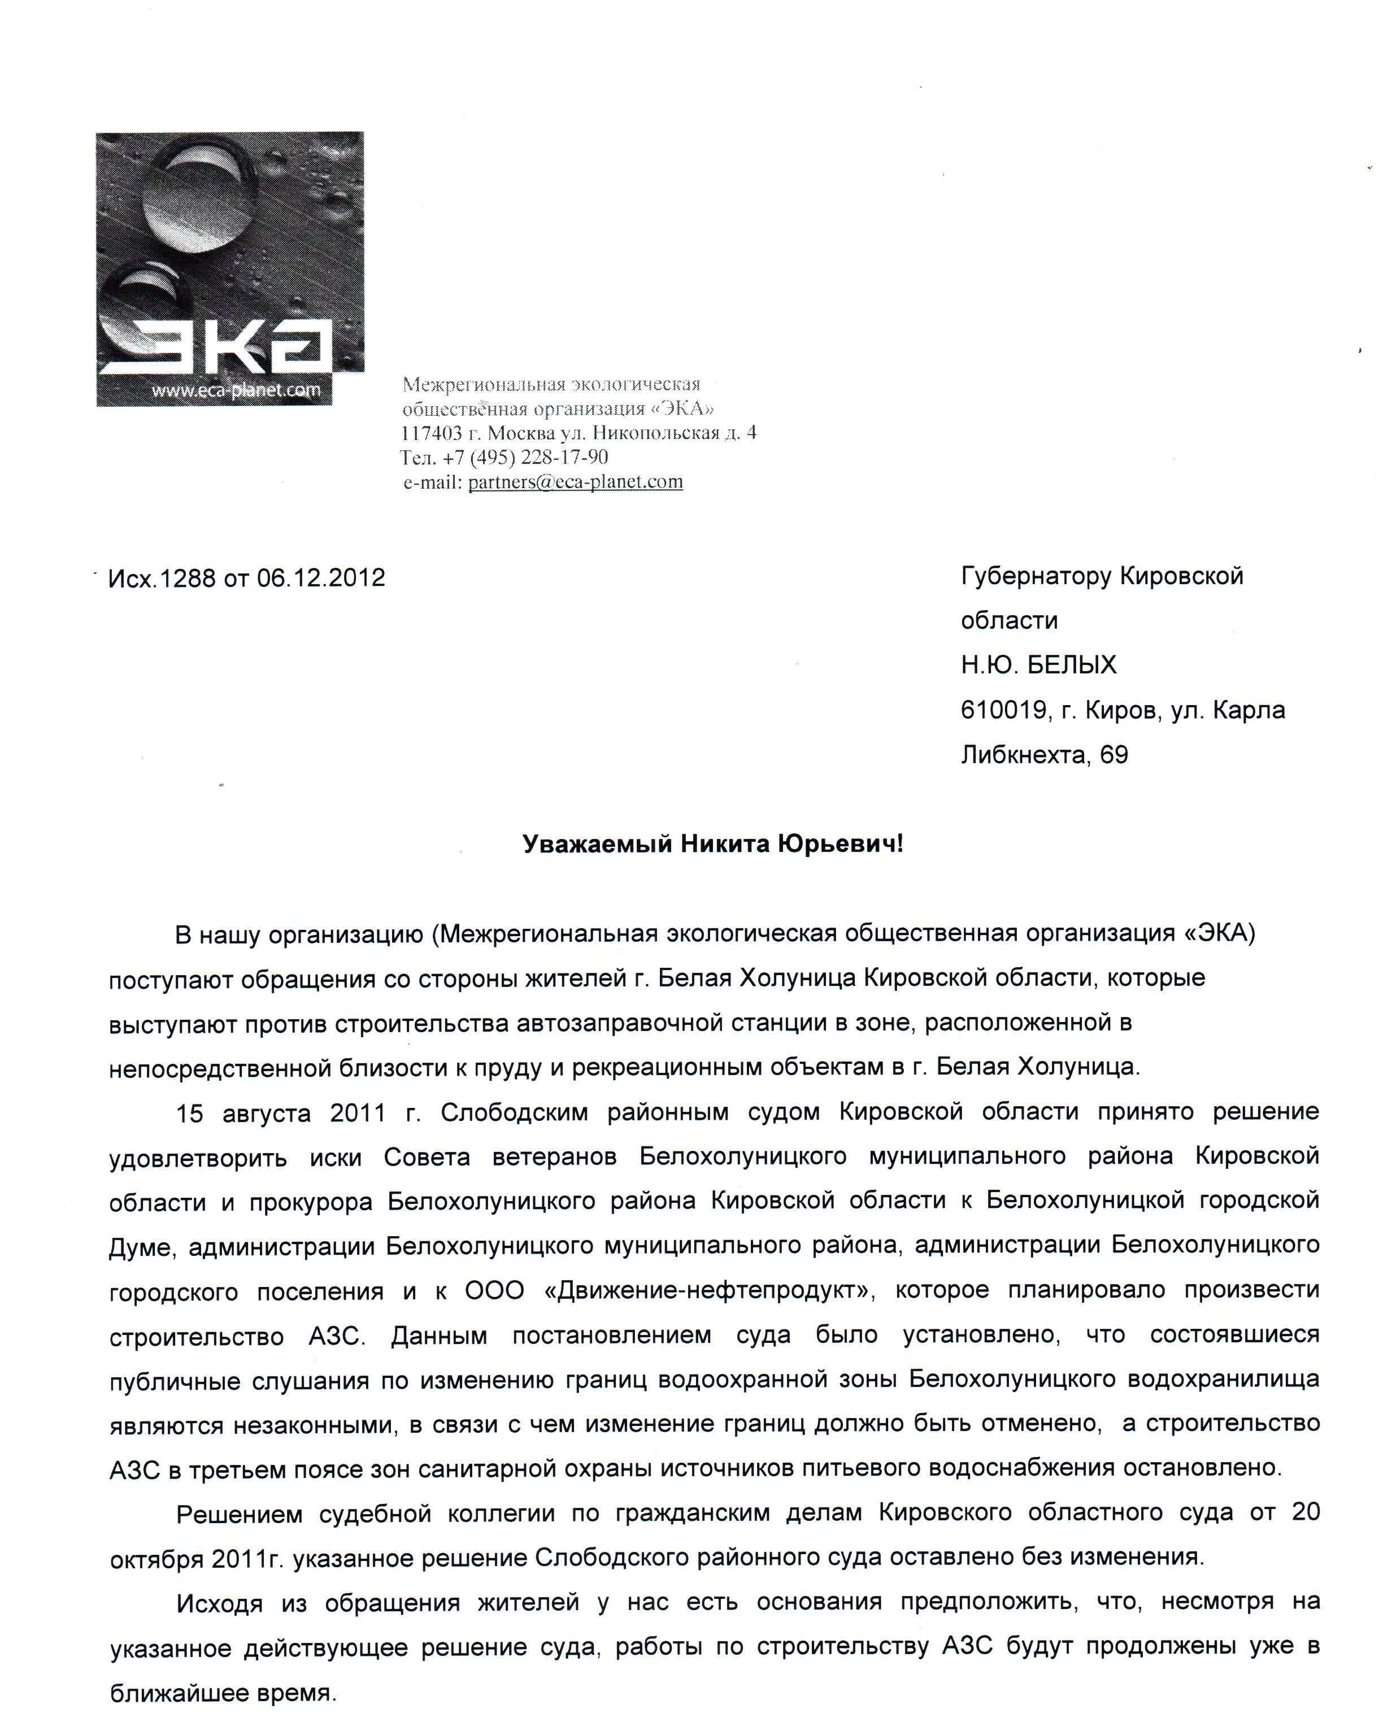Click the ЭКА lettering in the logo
tap(216, 345)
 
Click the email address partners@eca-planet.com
tap(575, 482)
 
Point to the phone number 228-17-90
tap(564, 457)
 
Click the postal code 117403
tap(431, 433)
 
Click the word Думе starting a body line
tap(140, 1246)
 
